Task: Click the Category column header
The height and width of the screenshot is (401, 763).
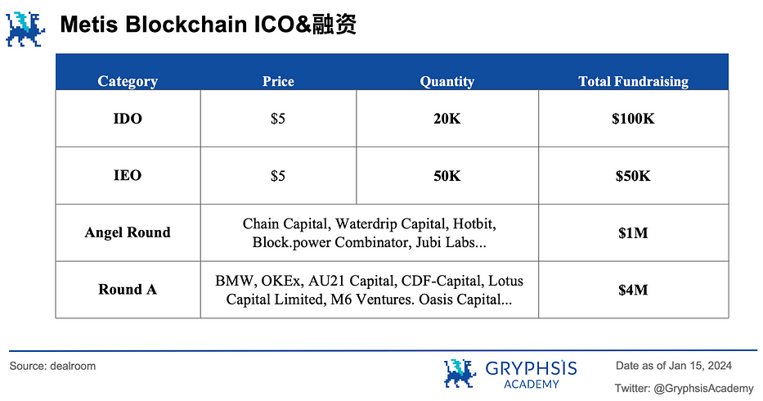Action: pos(128,81)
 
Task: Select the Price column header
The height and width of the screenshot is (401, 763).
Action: pos(278,81)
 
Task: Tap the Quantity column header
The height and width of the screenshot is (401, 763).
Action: pos(447,81)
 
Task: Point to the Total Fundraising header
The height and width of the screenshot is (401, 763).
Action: pos(634,81)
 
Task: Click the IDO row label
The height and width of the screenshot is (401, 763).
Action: pos(128,119)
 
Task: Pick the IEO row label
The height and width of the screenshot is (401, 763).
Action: pos(128,175)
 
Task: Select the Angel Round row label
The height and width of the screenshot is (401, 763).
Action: pos(128,232)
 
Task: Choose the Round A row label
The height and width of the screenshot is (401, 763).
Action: pos(128,290)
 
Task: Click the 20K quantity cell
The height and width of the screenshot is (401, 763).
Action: pos(447,119)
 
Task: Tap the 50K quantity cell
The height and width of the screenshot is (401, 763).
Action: pos(447,175)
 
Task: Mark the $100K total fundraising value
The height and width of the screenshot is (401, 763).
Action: pos(634,119)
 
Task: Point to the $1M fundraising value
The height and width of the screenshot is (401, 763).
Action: pos(634,233)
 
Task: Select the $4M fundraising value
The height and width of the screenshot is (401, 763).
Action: pos(634,290)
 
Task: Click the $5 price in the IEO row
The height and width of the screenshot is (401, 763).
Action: pos(278,175)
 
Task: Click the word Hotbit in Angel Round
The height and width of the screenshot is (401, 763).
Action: pos(474,223)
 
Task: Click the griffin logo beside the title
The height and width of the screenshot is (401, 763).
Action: pos(25,29)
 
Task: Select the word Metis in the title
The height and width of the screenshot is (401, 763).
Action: pos(89,25)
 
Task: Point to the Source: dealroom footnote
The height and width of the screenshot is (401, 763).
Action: pos(52,366)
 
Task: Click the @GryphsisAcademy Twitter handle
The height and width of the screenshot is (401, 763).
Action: pos(703,389)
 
